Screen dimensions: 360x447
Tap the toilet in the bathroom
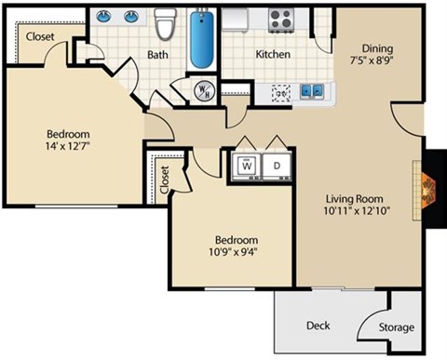(166, 25)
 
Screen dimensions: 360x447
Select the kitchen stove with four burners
(280, 18)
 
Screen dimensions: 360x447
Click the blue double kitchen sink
(312, 91)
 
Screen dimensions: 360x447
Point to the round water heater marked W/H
(204, 91)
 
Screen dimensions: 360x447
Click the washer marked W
(247, 166)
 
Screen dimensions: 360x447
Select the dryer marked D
(277, 166)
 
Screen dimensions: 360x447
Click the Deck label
(318, 326)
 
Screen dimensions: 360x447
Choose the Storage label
(396, 327)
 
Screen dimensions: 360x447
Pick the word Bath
(157, 55)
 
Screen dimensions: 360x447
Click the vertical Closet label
(165, 180)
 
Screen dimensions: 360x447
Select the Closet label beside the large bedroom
(39, 37)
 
